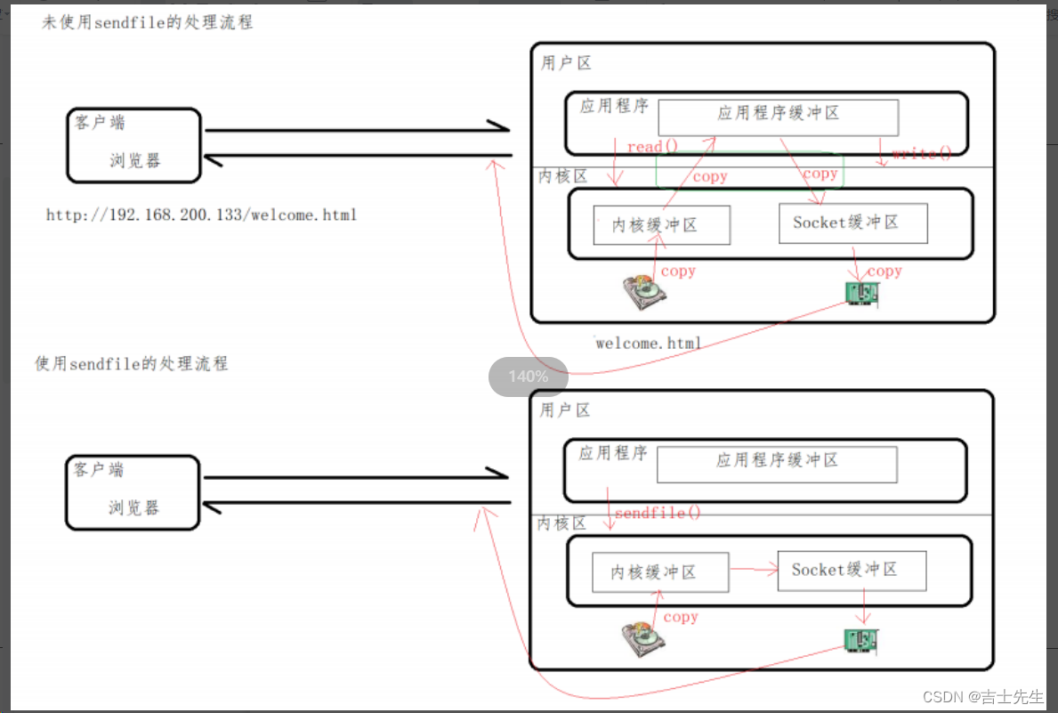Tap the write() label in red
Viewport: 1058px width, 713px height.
coord(921,153)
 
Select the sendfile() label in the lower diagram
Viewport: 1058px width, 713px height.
coord(658,514)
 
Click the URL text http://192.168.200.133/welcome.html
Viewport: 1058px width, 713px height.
coord(201,215)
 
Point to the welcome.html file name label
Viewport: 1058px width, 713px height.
coord(649,343)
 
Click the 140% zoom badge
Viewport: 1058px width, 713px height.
coord(528,377)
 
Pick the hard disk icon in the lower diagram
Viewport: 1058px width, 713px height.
coord(643,637)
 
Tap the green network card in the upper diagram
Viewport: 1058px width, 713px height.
coord(861,295)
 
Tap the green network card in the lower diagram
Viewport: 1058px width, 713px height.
coord(861,639)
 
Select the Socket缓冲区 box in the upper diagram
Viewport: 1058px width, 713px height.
coord(852,223)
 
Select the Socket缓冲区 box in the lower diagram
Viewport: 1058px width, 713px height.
coord(852,571)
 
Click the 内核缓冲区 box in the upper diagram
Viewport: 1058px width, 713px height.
coord(661,225)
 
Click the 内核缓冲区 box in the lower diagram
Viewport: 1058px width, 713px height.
coord(660,572)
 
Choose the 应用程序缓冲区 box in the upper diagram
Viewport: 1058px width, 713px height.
coord(778,117)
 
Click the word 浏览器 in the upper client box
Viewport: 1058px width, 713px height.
coord(135,161)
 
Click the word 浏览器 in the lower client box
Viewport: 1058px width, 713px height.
coord(134,508)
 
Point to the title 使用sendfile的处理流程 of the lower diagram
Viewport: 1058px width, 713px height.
coord(132,364)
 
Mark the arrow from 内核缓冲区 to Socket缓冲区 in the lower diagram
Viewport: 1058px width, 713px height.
coord(753,570)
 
